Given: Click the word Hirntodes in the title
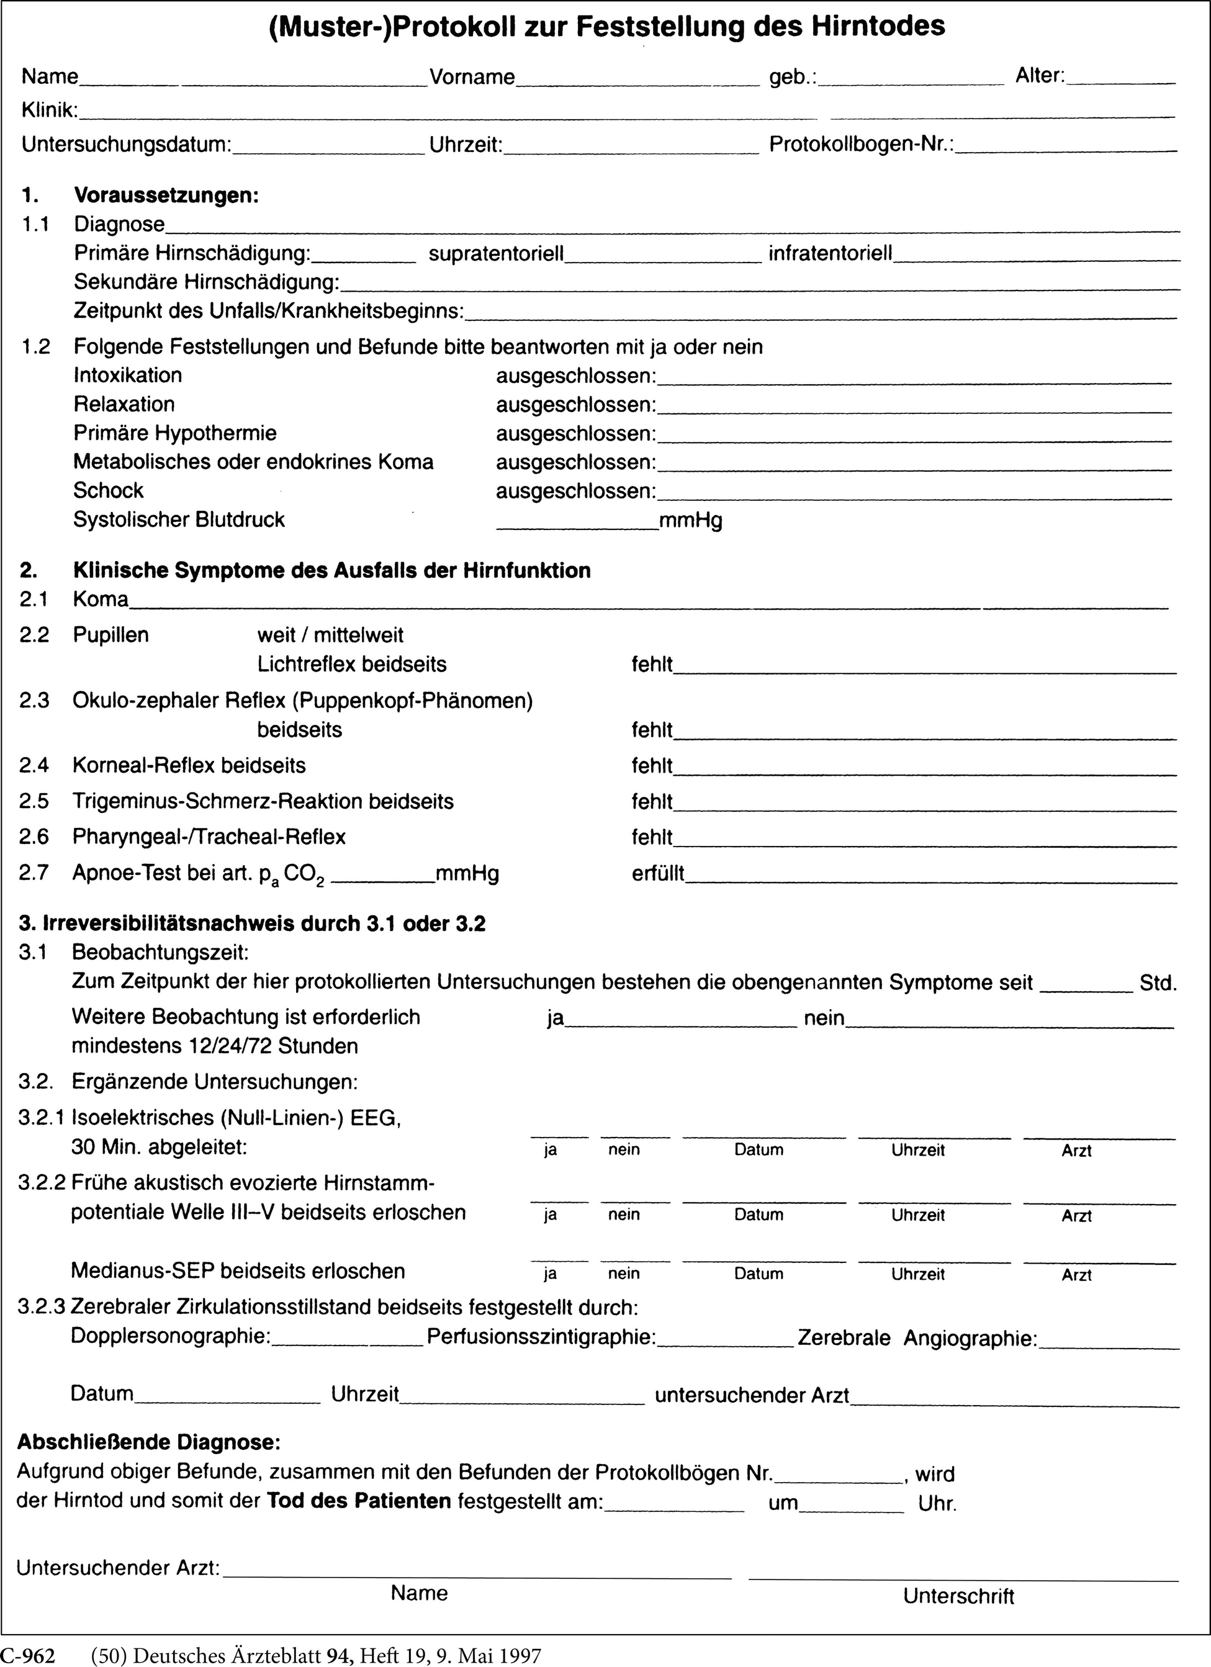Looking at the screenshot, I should (877, 27).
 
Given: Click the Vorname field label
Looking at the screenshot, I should (472, 77).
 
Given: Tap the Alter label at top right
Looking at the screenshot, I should (1040, 75).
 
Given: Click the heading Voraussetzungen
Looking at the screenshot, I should (166, 196).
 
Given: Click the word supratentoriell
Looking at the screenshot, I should (497, 254).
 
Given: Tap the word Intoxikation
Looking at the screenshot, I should (128, 375).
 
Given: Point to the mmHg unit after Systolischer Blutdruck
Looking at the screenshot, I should (690, 521).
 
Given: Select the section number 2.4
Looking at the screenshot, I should (35, 766).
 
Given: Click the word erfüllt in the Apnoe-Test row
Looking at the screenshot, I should (658, 874).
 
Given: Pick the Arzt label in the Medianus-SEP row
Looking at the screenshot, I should (1076, 1275).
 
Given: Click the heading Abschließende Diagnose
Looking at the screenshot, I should (148, 1442).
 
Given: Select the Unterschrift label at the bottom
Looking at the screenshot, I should (959, 1596).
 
